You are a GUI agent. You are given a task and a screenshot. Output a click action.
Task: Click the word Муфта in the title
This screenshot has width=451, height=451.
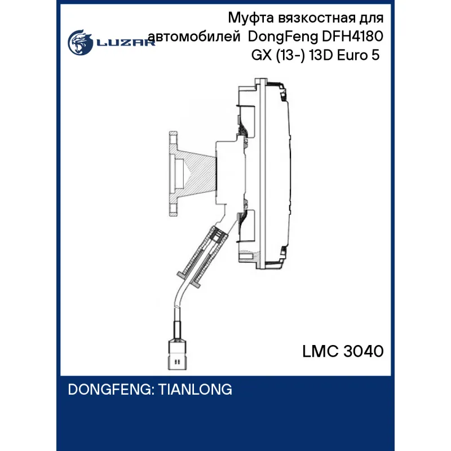(250, 19)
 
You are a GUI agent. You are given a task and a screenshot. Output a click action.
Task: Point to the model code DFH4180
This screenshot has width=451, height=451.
(353, 37)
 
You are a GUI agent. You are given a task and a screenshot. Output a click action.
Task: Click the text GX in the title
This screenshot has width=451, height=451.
(262, 55)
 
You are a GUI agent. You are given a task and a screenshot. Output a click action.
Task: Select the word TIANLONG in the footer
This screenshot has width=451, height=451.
(195, 390)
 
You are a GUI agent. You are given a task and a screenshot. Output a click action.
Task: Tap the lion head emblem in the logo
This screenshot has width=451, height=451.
(80, 42)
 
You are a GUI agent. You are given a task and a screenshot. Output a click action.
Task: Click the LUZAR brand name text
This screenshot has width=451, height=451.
(126, 43)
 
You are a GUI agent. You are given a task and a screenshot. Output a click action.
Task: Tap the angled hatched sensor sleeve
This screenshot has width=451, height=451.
(204, 255)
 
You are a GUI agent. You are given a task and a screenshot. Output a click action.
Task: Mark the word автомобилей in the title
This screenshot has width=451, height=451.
(194, 37)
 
